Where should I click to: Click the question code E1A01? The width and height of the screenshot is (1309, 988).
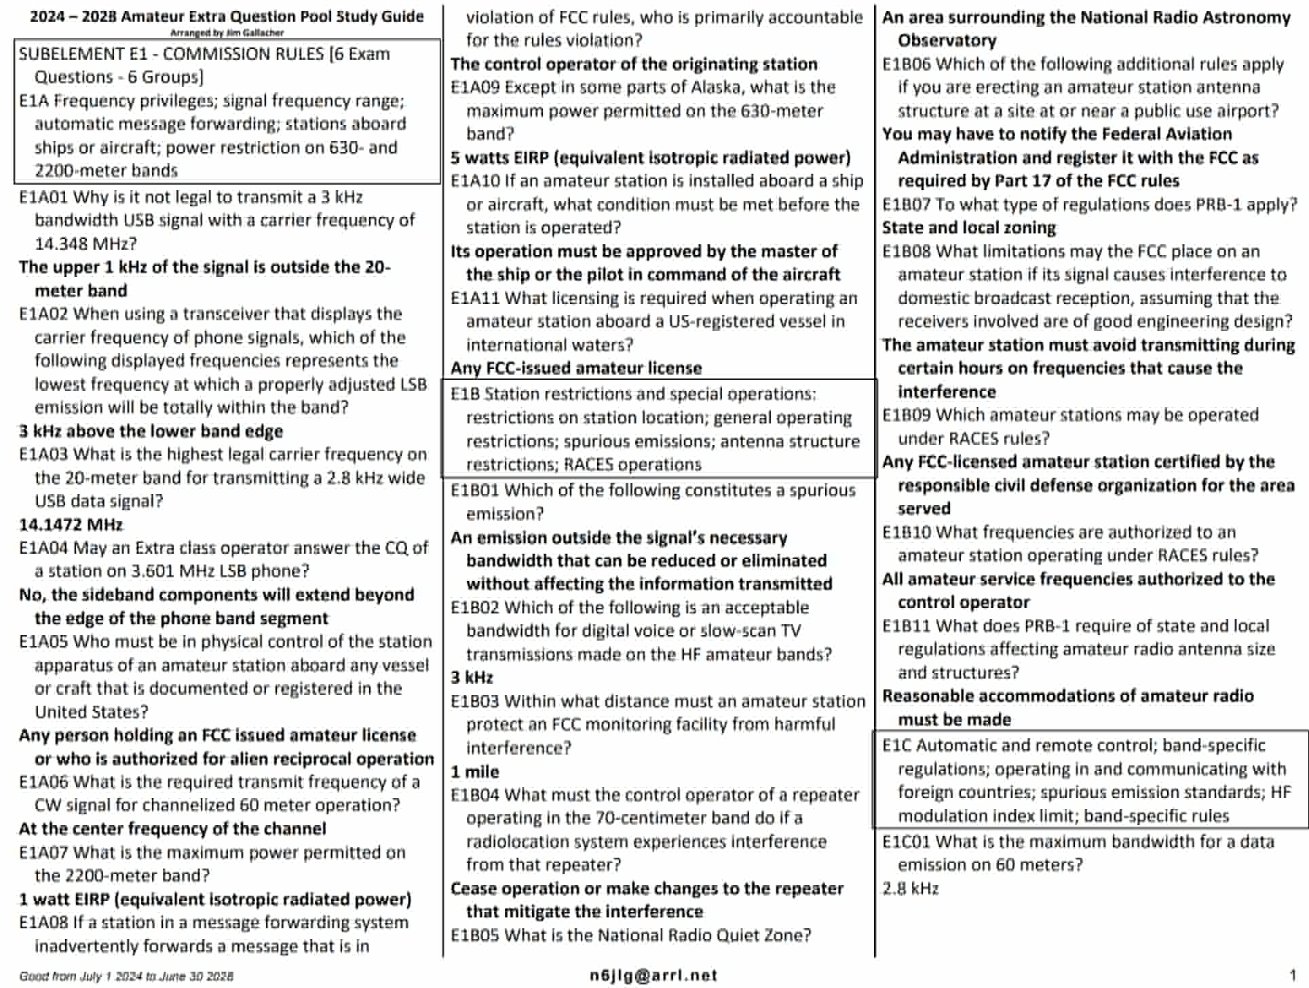pyautogui.click(x=43, y=197)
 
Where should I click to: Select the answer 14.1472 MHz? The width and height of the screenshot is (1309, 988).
pyautogui.click(x=71, y=525)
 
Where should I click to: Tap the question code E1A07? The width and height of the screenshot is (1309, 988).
pyautogui.click(x=43, y=852)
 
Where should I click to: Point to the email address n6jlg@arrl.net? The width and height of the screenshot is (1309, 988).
pyautogui.click(x=653, y=975)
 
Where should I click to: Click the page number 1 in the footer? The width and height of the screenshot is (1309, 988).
pyautogui.click(x=1293, y=974)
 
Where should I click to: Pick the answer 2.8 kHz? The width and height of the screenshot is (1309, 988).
pyautogui.click(x=911, y=888)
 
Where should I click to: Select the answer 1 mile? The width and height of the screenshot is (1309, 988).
pyautogui.click(x=475, y=772)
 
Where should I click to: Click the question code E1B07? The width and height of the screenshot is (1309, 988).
pyautogui.click(x=907, y=204)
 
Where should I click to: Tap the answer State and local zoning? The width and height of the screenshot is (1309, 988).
pyautogui.click(x=969, y=228)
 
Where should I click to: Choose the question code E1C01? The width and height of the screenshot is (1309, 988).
pyautogui.click(x=907, y=841)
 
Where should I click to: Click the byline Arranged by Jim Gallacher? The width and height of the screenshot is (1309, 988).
pyautogui.click(x=227, y=32)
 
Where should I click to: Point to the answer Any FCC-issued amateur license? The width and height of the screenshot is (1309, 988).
pyautogui.click(x=576, y=368)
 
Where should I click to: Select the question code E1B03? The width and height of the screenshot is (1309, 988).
pyautogui.click(x=475, y=701)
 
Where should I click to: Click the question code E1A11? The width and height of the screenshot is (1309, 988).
pyautogui.click(x=475, y=299)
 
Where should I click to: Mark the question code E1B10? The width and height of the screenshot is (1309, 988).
pyautogui.click(x=907, y=532)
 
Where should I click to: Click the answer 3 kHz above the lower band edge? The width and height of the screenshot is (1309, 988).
pyautogui.click(x=151, y=432)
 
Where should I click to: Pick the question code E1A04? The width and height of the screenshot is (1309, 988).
pyautogui.click(x=43, y=548)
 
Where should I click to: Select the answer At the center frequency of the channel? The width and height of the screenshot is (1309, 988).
pyautogui.click(x=172, y=829)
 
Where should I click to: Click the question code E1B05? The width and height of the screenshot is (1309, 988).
pyautogui.click(x=475, y=935)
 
